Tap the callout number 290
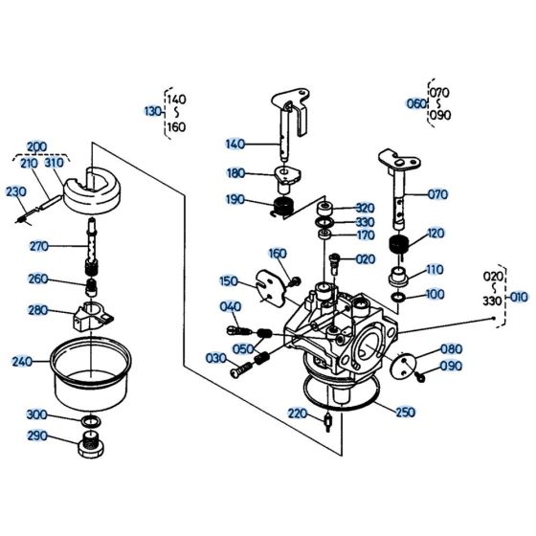36,436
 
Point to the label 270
38,246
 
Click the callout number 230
17,190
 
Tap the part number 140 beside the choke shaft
235,145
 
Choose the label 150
229,281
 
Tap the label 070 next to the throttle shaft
437,194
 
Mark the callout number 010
518,297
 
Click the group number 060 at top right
414,103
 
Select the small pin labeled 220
328,421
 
